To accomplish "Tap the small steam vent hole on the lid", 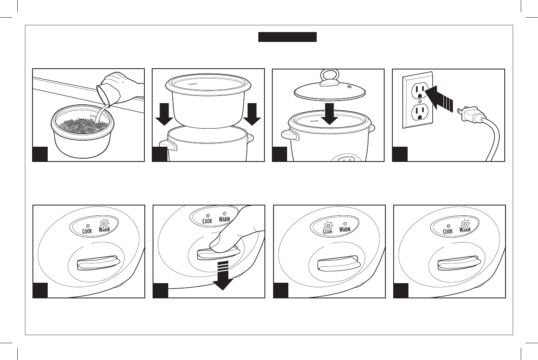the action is pyautogui.click(x=350, y=87).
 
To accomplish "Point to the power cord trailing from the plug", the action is pyautogui.click(x=494, y=140).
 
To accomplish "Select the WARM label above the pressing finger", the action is pyautogui.click(x=224, y=219).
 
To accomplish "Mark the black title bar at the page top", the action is pyautogui.click(x=287, y=37).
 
